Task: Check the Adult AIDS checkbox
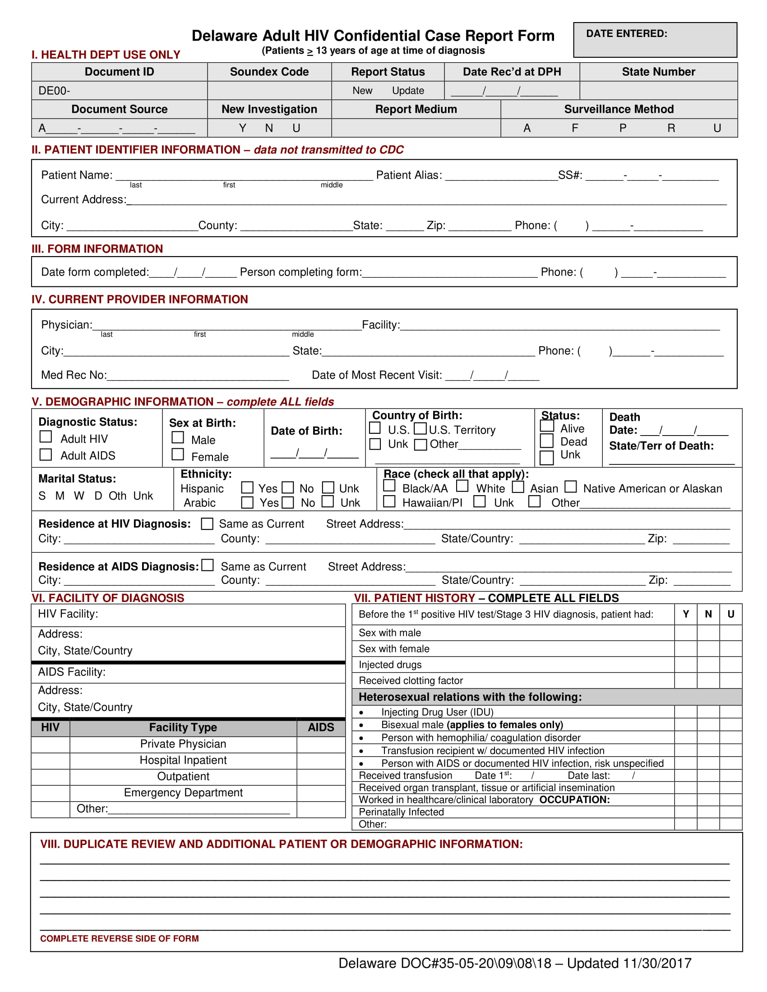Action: point(46,455)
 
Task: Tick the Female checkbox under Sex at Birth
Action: point(178,455)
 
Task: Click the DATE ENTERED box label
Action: point(626,34)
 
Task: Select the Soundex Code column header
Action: point(269,72)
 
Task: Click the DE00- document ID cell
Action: point(55,91)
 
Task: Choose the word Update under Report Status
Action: point(407,91)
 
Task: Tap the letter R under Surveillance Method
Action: point(670,128)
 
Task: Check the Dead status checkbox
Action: point(547,441)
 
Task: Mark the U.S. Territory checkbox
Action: point(420,428)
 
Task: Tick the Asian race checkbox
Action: point(518,487)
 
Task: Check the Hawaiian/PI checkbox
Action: point(389,501)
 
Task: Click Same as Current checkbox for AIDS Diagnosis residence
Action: point(208,565)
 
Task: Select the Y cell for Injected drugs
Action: point(685,665)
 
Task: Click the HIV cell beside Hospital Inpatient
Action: point(51,760)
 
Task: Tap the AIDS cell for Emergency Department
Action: point(321,793)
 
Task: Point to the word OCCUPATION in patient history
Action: point(574,799)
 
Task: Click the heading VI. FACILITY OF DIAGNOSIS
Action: point(108,598)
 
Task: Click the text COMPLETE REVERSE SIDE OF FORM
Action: point(120,938)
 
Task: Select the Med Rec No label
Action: point(74,375)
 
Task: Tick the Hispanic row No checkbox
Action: point(288,488)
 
